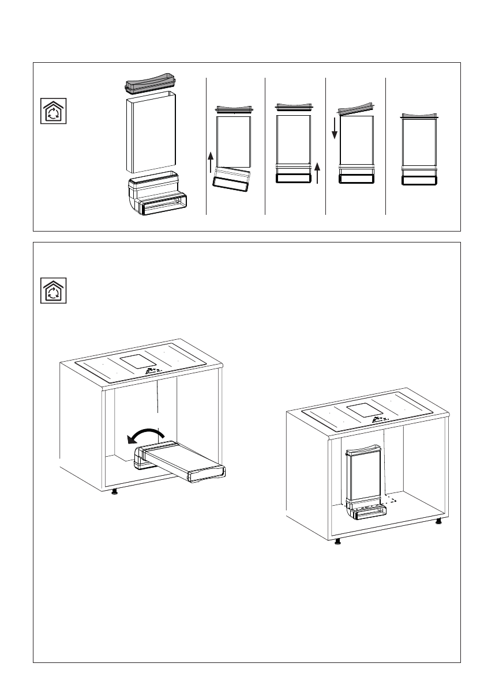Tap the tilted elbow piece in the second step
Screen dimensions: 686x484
click(233, 179)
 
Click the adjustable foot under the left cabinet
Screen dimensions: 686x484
click(115, 491)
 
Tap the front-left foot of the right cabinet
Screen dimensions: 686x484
click(338, 541)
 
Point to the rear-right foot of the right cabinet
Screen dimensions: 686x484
click(439, 521)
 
